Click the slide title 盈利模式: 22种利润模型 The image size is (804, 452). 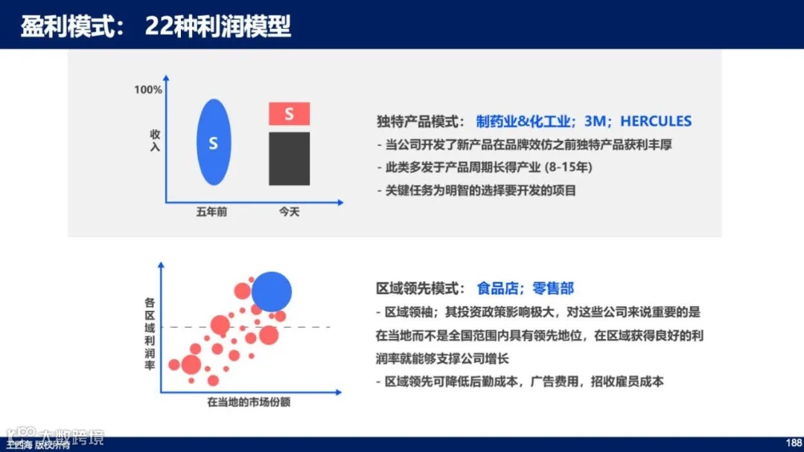pyautogui.click(x=156, y=27)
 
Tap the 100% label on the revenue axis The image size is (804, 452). pyautogui.click(x=148, y=90)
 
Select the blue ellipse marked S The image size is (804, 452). pyautogui.click(x=214, y=142)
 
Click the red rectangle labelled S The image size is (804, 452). pyautogui.click(x=289, y=114)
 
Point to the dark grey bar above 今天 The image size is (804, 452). pyautogui.click(x=289, y=158)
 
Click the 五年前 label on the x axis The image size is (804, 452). pyautogui.click(x=211, y=212)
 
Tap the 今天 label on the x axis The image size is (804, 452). pyautogui.click(x=289, y=212)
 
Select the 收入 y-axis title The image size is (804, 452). pyautogui.click(x=155, y=141)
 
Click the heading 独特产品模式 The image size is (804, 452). pyautogui.click(x=420, y=121)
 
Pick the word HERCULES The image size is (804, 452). pyautogui.click(x=656, y=121)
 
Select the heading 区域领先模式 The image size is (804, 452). pyautogui.click(x=420, y=288)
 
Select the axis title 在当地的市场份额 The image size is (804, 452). pyautogui.click(x=250, y=403)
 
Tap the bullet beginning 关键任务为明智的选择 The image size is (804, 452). pyautogui.click(x=480, y=190)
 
